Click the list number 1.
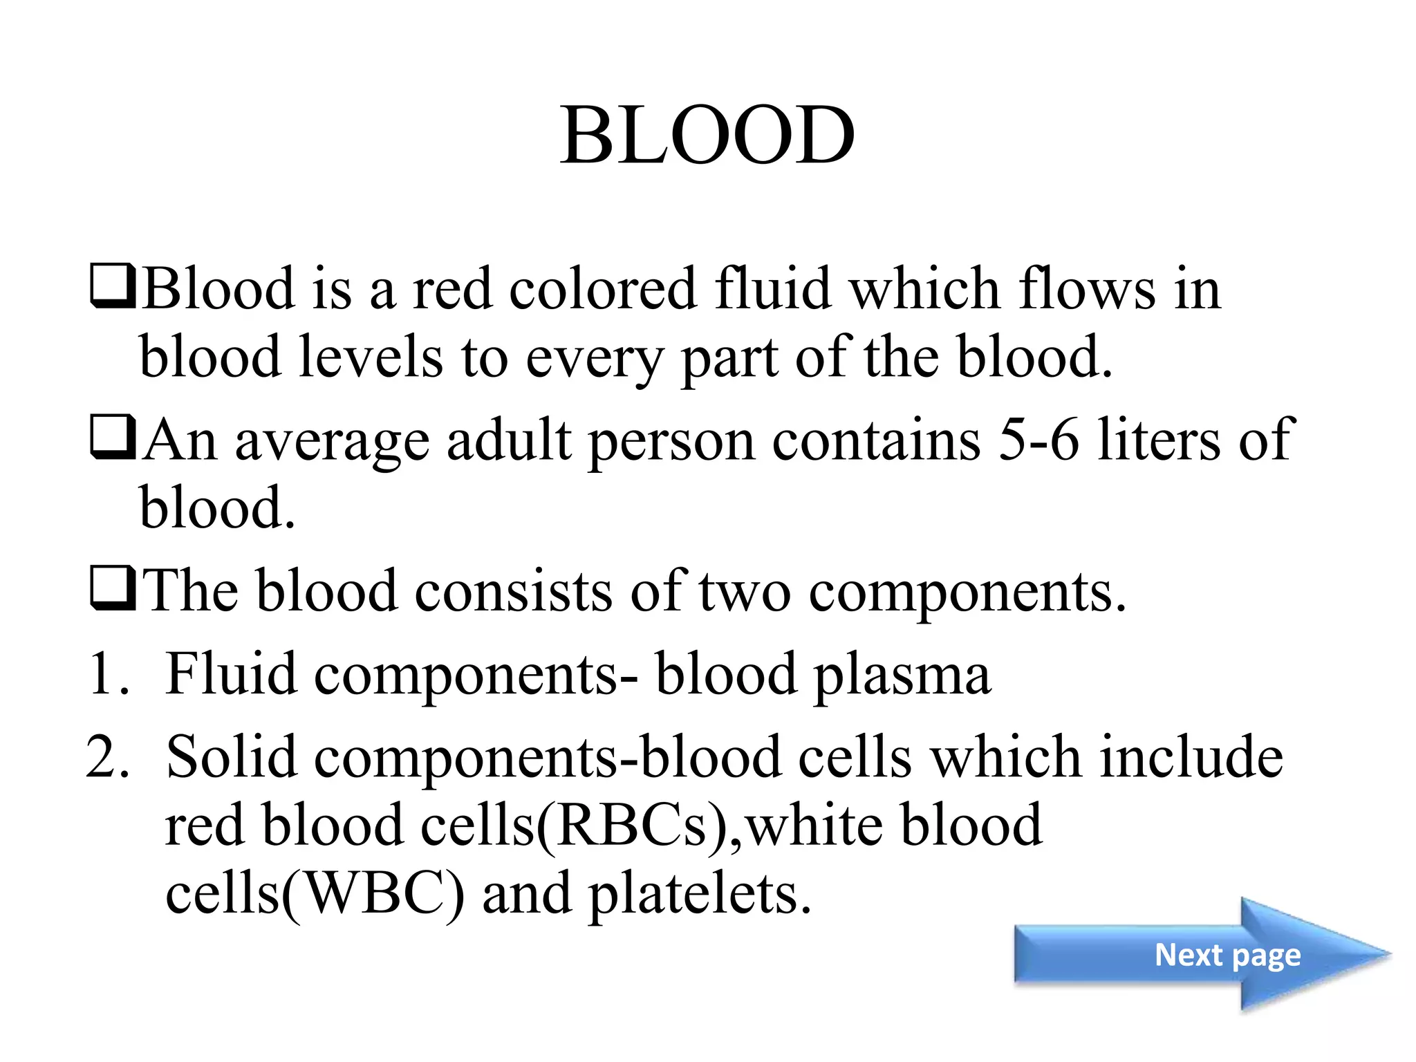click(x=109, y=674)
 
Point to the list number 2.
click(x=109, y=757)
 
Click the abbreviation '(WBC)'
click(x=373, y=894)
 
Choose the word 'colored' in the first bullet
click(x=602, y=290)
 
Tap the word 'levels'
click(x=371, y=357)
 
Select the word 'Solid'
click(x=232, y=757)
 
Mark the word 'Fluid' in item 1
click(x=232, y=674)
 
